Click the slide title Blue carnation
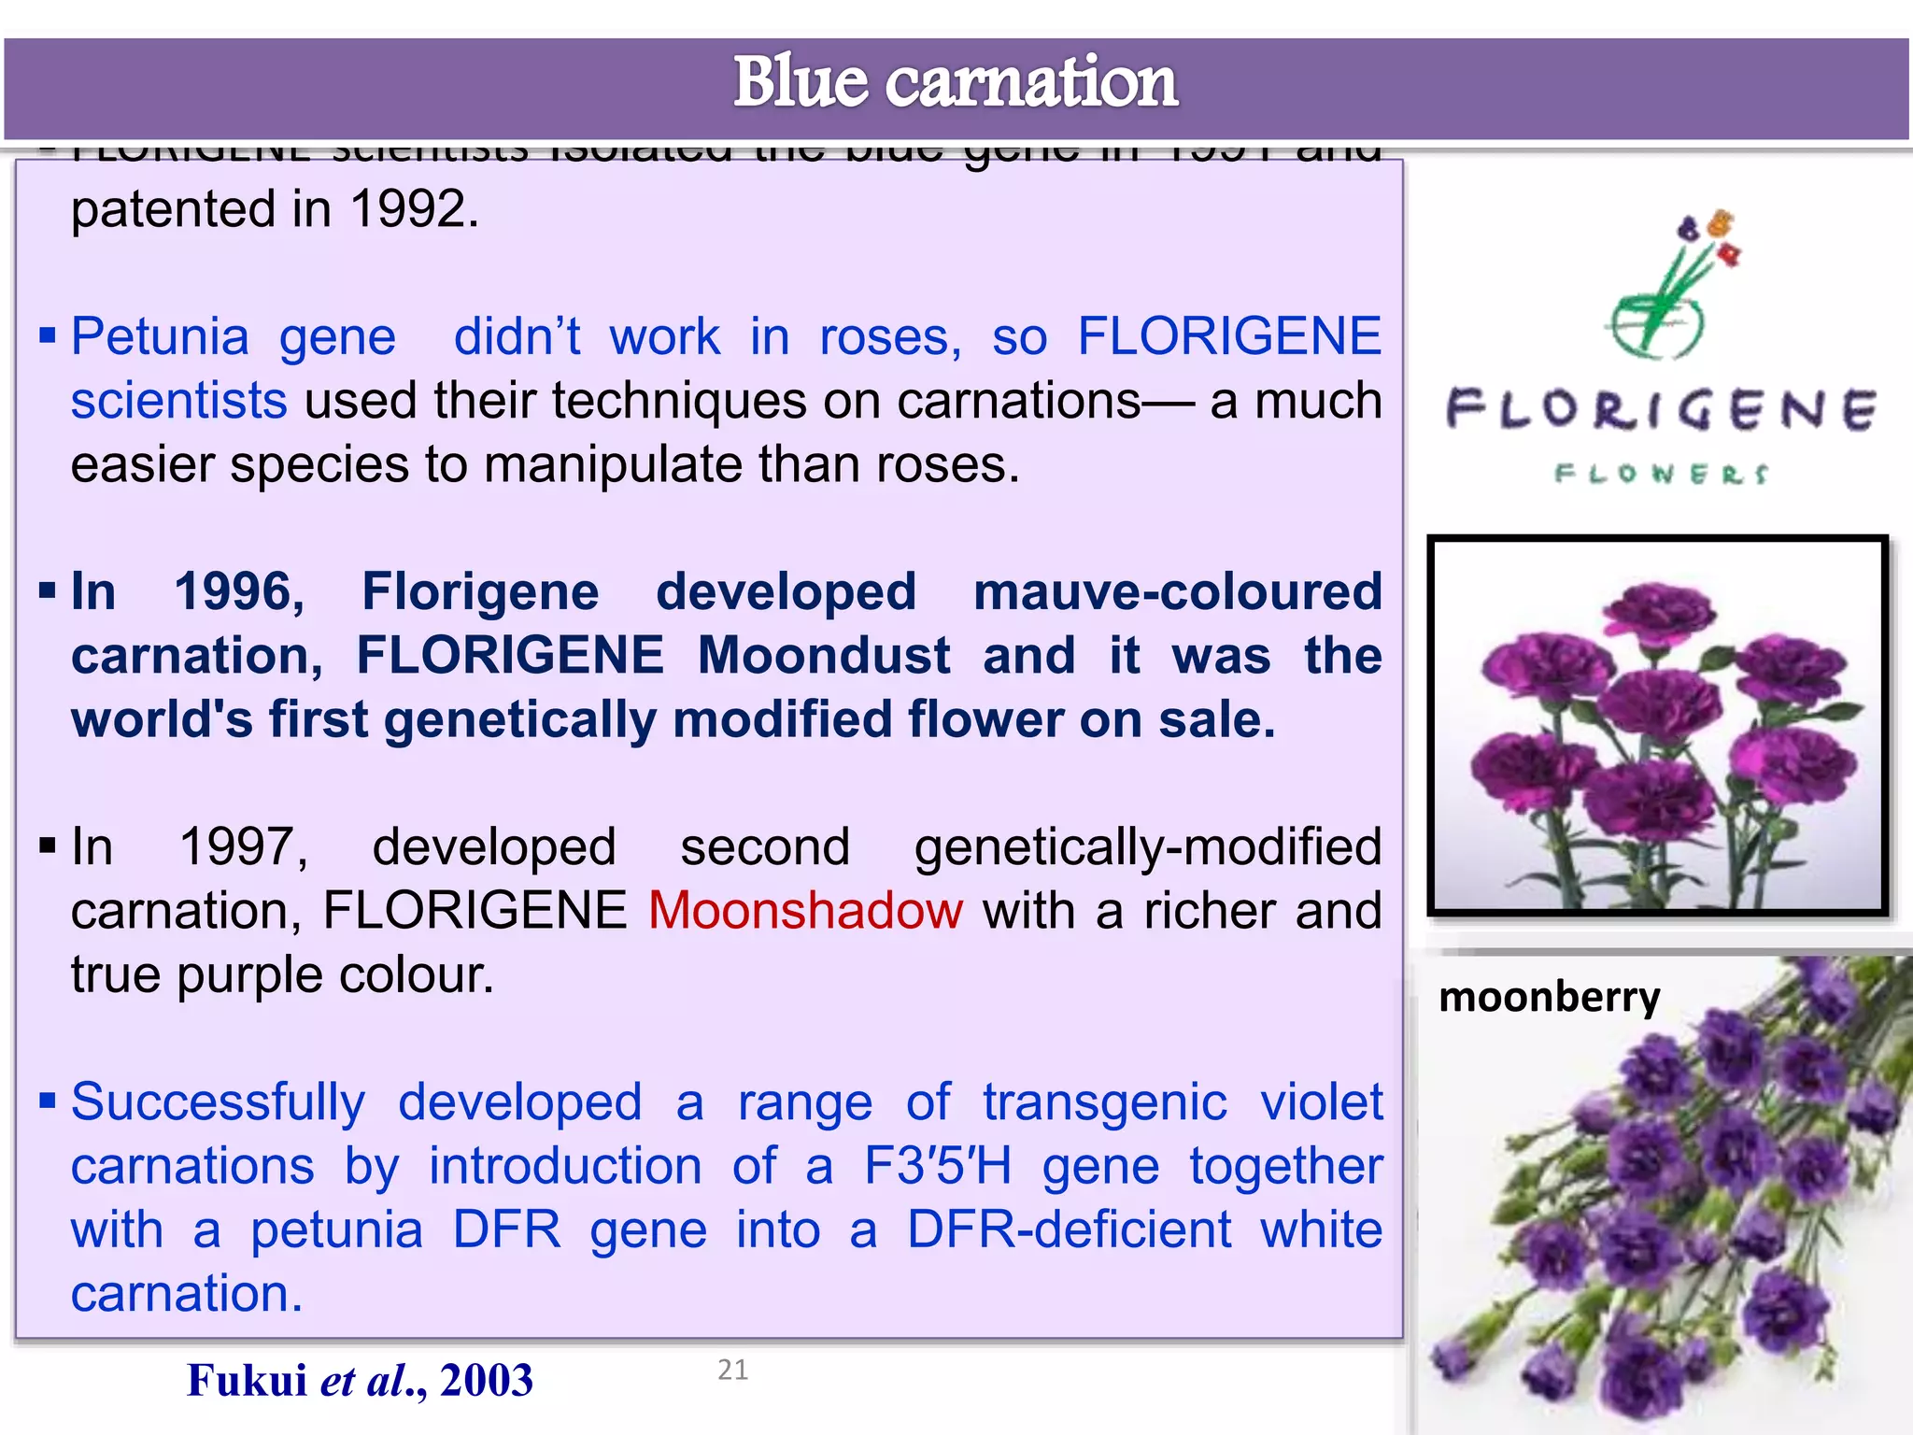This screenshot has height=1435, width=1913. (x=955, y=82)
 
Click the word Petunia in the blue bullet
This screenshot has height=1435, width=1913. (x=160, y=336)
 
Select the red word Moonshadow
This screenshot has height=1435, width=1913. (x=805, y=910)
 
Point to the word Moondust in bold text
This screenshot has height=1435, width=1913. (x=824, y=655)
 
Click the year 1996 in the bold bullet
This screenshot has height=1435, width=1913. (x=239, y=591)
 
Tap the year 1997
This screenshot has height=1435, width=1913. (x=243, y=847)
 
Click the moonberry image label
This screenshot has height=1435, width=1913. (x=1549, y=997)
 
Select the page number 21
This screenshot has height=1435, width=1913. (x=732, y=1370)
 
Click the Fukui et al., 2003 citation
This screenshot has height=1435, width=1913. (x=360, y=1380)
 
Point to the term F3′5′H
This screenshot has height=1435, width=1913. (x=937, y=1166)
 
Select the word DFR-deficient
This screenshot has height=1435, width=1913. (x=1069, y=1229)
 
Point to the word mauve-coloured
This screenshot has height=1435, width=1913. (x=1177, y=591)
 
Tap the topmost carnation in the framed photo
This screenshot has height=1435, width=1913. (x=1658, y=613)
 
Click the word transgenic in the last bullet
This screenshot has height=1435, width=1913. (x=1104, y=1102)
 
